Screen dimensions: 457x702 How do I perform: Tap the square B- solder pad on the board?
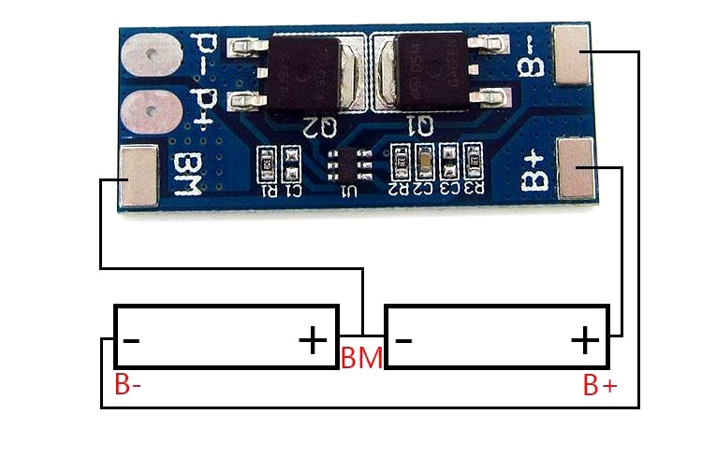(x=572, y=53)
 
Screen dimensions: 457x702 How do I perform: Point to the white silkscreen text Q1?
(x=421, y=124)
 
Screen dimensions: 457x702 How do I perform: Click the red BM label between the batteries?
(x=360, y=358)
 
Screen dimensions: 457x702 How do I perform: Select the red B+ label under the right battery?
(x=600, y=385)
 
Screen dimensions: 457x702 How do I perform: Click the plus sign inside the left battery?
(x=313, y=339)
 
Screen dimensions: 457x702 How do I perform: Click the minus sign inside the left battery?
(x=131, y=340)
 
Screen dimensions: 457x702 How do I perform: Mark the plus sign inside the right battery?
(x=585, y=339)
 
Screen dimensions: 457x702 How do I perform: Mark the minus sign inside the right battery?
(x=403, y=340)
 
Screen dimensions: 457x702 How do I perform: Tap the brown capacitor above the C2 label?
(x=425, y=161)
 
